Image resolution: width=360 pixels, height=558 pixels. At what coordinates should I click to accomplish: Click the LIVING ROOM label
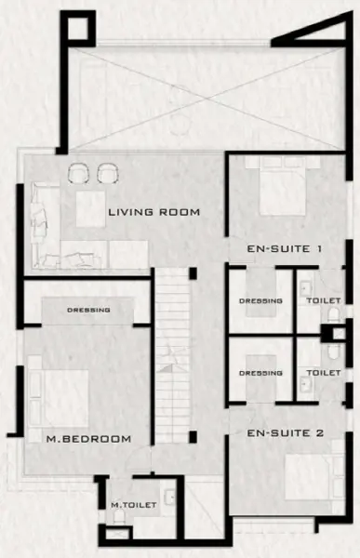pyautogui.click(x=153, y=212)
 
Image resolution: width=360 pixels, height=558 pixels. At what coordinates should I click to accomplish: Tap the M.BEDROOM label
pyautogui.click(x=88, y=439)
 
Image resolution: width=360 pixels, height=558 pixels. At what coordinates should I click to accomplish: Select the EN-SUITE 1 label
pyautogui.click(x=285, y=248)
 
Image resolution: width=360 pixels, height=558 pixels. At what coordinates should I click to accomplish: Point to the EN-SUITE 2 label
pyautogui.click(x=286, y=433)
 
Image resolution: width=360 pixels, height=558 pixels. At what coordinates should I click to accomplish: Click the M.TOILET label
pyautogui.click(x=134, y=505)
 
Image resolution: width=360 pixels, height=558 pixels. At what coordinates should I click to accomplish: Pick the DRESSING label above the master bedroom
pyautogui.click(x=88, y=310)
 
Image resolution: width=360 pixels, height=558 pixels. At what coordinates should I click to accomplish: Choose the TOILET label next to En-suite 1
pyautogui.click(x=324, y=300)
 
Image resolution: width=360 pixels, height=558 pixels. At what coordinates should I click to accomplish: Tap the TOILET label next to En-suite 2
pyautogui.click(x=324, y=373)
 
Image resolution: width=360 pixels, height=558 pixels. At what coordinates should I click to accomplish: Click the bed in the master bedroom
pyautogui.click(x=58, y=399)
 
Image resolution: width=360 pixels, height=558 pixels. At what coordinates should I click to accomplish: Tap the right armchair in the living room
pyautogui.click(x=108, y=173)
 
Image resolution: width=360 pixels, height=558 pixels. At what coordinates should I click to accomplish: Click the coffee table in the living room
pyautogui.click(x=90, y=209)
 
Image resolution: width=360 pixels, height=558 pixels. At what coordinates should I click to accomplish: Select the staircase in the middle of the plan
pyautogui.click(x=173, y=356)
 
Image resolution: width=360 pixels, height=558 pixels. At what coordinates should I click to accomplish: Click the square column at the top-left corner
pyautogui.click(x=78, y=29)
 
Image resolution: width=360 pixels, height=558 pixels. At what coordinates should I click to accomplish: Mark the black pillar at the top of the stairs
pyautogui.click(x=193, y=273)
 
